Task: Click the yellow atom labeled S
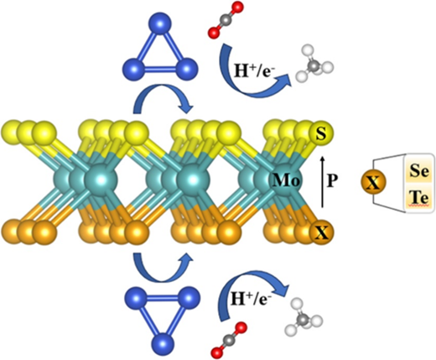(x=321, y=133)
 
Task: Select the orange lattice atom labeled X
(x=321, y=232)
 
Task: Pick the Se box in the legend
(x=419, y=170)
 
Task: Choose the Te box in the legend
(x=419, y=198)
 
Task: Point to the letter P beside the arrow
(x=331, y=181)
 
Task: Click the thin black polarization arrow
(x=323, y=182)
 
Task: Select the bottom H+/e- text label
(x=251, y=300)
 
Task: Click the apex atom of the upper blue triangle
(x=159, y=23)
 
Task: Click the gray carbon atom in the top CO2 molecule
(x=226, y=21)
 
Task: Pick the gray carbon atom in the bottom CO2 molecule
(x=229, y=339)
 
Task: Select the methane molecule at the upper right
(x=314, y=65)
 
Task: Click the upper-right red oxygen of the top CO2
(x=238, y=8)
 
